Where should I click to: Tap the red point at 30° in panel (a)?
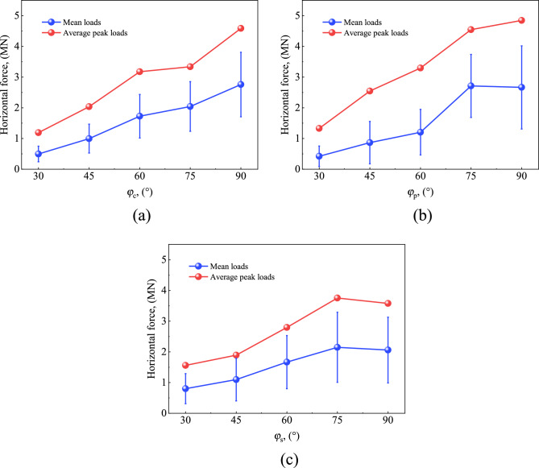38,132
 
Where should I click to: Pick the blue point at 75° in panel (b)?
471,85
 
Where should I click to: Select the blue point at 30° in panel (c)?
185,388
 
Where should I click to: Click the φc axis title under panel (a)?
139,191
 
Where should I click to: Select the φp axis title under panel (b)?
421,191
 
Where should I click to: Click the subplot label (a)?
139,216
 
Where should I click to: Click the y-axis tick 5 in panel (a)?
18,15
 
